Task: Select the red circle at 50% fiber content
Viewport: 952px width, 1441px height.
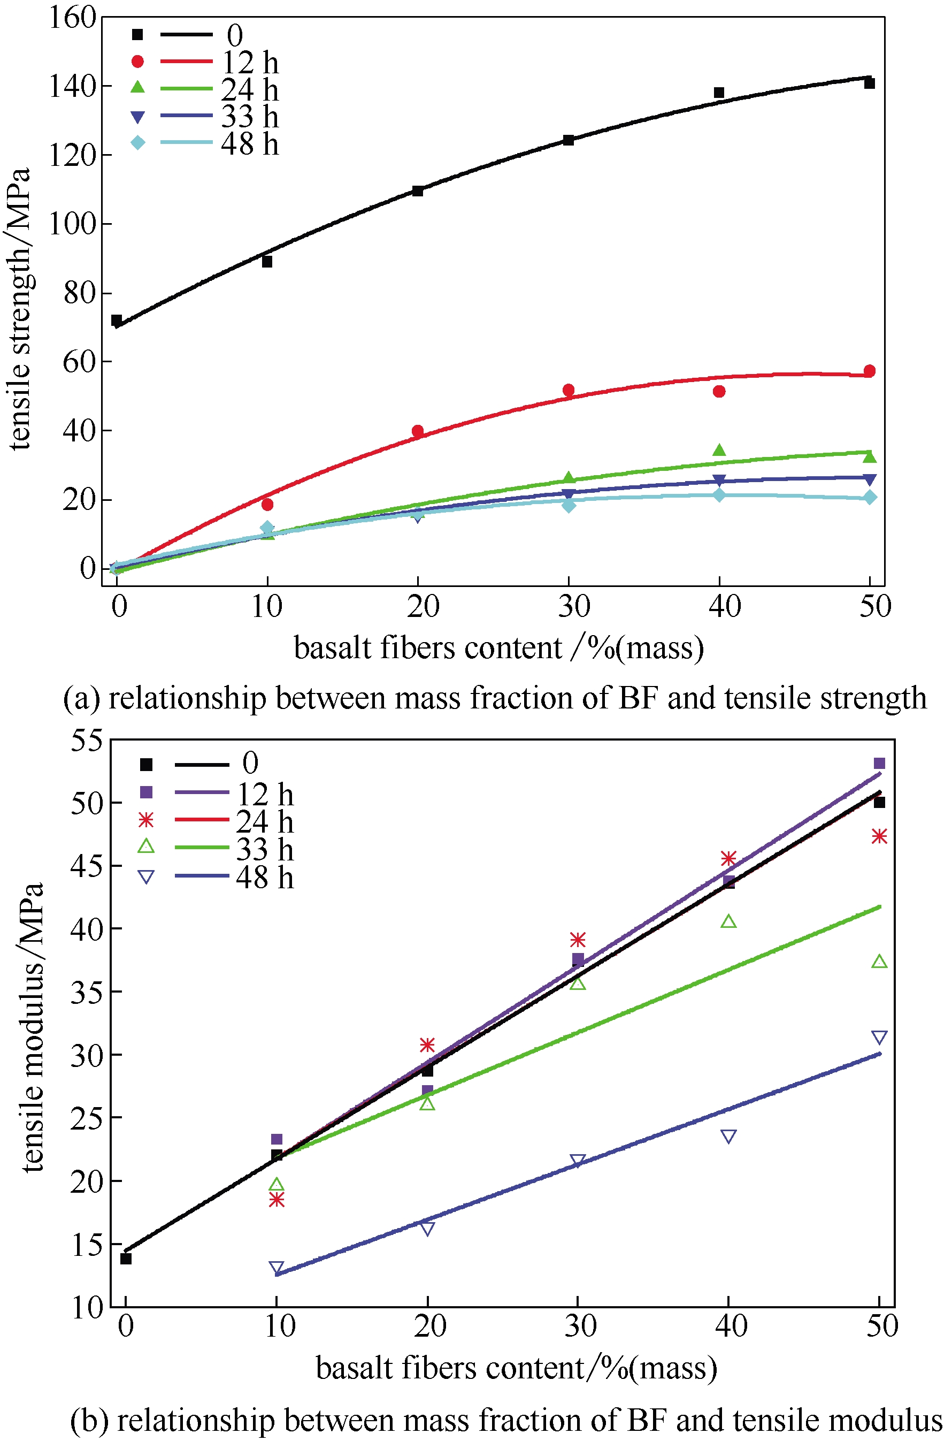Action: click(870, 371)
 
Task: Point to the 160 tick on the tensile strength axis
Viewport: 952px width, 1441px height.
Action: click(72, 18)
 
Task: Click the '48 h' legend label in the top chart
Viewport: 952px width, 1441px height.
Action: click(250, 144)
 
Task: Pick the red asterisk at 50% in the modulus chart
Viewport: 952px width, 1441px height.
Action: click(879, 837)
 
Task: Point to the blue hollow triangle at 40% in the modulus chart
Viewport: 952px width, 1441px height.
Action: click(728, 1136)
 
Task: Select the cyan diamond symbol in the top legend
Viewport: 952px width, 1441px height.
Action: click(138, 143)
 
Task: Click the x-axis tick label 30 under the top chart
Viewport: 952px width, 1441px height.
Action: click(574, 607)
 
